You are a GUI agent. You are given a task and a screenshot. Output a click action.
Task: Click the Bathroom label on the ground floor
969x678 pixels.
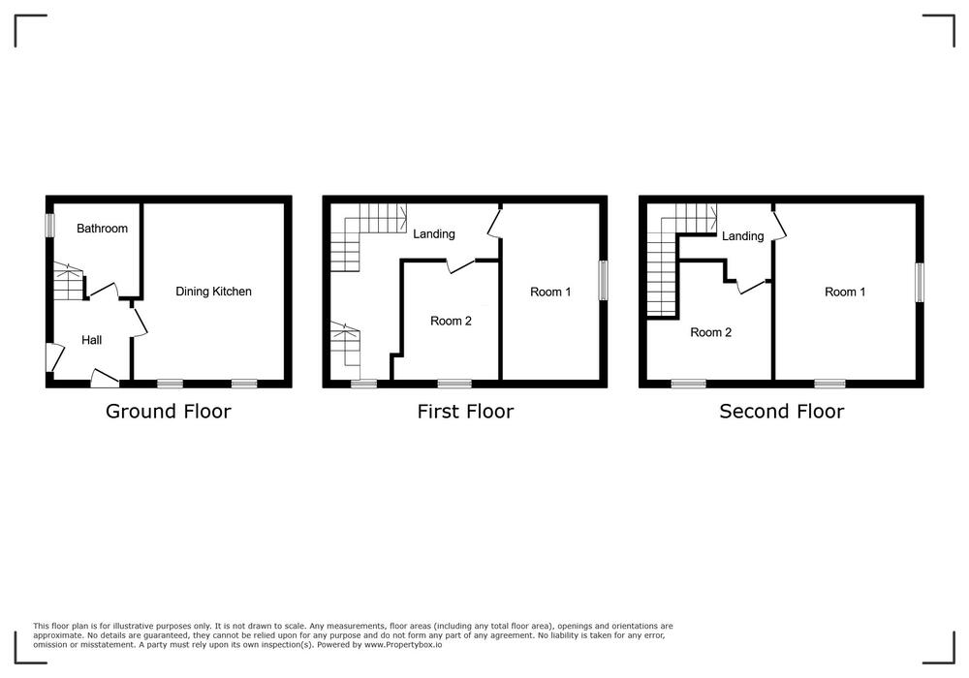[102, 229]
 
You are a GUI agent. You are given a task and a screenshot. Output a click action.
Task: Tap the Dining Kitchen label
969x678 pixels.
[213, 292]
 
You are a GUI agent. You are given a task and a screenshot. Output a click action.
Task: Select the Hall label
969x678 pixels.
[91, 340]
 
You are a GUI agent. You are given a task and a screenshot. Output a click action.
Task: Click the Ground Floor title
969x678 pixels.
[168, 412]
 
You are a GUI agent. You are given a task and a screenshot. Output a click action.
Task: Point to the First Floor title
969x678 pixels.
[465, 412]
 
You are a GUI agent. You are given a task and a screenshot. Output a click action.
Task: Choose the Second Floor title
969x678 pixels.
[782, 412]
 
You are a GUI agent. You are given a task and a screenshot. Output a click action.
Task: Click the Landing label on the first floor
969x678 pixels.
[434, 234]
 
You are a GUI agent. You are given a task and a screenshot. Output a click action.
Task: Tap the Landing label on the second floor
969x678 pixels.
[743, 236]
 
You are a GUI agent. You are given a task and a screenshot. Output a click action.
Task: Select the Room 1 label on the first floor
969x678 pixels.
[550, 293]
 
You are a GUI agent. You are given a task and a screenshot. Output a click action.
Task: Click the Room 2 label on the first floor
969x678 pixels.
[452, 322]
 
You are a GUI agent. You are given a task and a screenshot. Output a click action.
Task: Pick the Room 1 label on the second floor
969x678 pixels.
[845, 293]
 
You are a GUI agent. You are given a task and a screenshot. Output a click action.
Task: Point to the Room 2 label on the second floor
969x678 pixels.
[710, 333]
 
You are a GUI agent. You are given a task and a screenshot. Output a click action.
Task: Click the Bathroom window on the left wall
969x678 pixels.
[49, 225]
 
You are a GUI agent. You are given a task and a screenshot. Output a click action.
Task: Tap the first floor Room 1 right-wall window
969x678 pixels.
[603, 280]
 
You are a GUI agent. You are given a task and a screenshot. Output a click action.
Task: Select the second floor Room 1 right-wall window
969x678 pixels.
[920, 283]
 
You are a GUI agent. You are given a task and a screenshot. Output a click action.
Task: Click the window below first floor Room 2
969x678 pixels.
[454, 385]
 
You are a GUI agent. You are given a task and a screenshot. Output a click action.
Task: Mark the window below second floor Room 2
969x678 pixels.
[688, 385]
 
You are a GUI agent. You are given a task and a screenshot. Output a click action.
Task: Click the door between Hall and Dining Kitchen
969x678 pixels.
[140, 320]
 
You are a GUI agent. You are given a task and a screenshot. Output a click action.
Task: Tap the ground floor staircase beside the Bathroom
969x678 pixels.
[68, 282]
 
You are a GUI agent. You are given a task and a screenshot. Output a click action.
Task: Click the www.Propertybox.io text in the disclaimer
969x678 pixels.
[403, 645]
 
